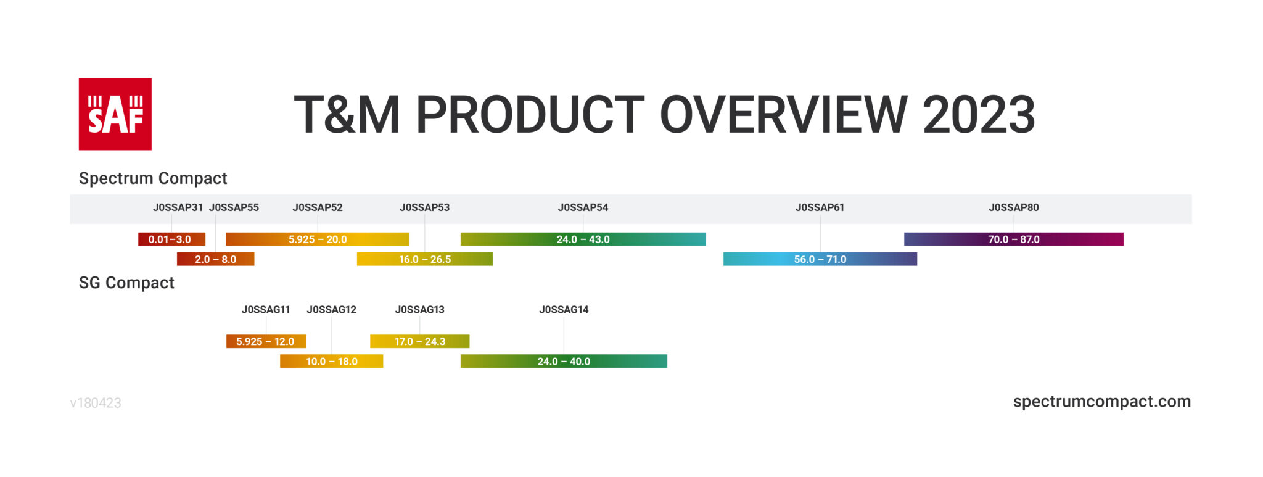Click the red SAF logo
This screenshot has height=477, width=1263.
pyautogui.click(x=115, y=114)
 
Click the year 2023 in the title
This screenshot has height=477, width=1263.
pyautogui.click(x=979, y=115)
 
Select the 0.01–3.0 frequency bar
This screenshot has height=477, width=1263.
pyautogui.click(x=171, y=239)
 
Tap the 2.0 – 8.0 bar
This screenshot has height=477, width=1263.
pyautogui.click(x=216, y=259)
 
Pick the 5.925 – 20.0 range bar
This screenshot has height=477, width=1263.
pyautogui.click(x=318, y=239)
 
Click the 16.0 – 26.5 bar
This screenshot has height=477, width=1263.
pyautogui.click(x=425, y=259)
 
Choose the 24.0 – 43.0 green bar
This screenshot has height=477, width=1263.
pyautogui.click(x=583, y=239)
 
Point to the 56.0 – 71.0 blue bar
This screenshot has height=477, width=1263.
pyautogui.click(x=820, y=259)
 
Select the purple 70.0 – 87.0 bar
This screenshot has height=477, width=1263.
pyautogui.click(x=1014, y=239)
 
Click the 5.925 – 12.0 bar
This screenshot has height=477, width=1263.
pyautogui.click(x=266, y=341)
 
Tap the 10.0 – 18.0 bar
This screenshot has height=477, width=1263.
pyautogui.click(x=332, y=361)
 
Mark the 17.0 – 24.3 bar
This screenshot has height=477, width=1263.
pyautogui.click(x=420, y=341)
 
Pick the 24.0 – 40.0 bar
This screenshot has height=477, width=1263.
pyautogui.click(x=564, y=361)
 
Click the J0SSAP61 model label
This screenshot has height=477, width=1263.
pyautogui.click(x=820, y=207)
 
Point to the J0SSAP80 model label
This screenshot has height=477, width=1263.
pyautogui.click(x=1014, y=207)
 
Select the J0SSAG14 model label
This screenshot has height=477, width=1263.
pyautogui.click(x=564, y=310)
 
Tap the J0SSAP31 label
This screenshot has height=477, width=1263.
pyautogui.click(x=178, y=207)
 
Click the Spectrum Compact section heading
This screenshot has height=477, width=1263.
pyautogui.click(x=153, y=178)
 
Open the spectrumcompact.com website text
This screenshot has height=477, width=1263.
pyautogui.click(x=1102, y=402)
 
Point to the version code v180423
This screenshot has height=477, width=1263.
pyautogui.click(x=96, y=403)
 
